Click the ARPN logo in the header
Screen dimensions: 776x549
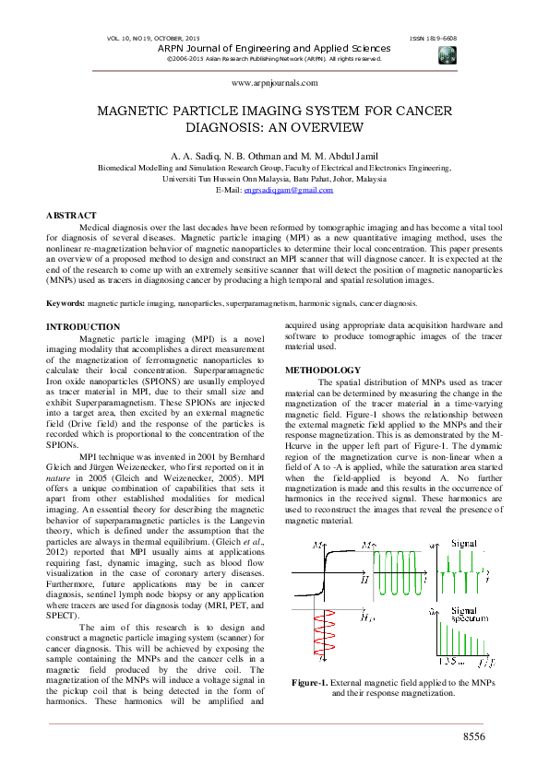(x=448, y=54)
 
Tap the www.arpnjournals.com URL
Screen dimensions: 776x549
(x=274, y=82)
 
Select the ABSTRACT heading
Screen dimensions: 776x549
(x=71, y=215)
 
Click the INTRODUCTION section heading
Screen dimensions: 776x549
(x=83, y=327)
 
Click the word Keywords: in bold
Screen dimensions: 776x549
(x=66, y=303)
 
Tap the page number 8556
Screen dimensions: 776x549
(x=477, y=736)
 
